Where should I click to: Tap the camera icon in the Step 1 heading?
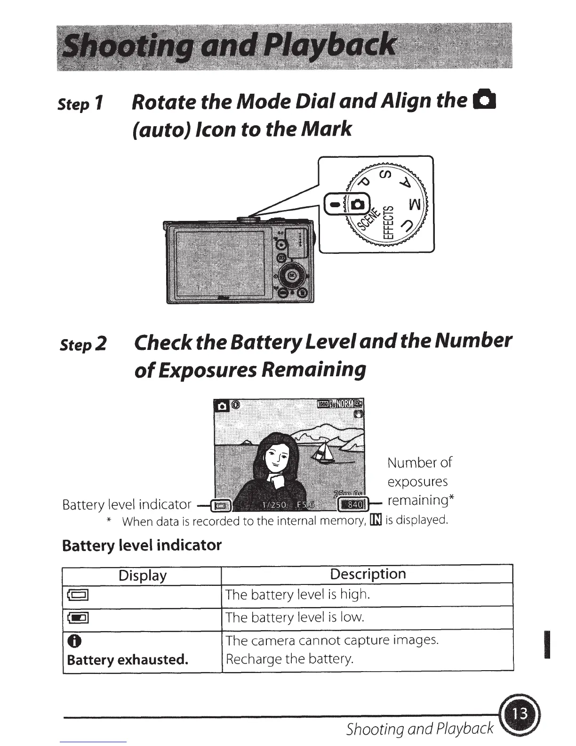(486, 101)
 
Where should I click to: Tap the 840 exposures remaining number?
(354, 505)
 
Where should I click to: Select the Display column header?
(142, 575)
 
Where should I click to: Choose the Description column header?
(368, 574)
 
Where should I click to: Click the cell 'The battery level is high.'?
(297, 594)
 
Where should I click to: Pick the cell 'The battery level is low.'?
(295, 617)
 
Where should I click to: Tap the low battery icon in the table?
(78, 618)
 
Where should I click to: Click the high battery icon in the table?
(78, 595)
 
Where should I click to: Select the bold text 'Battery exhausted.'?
(128, 659)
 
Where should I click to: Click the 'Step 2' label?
(83, 344)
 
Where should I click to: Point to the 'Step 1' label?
(80, 104)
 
